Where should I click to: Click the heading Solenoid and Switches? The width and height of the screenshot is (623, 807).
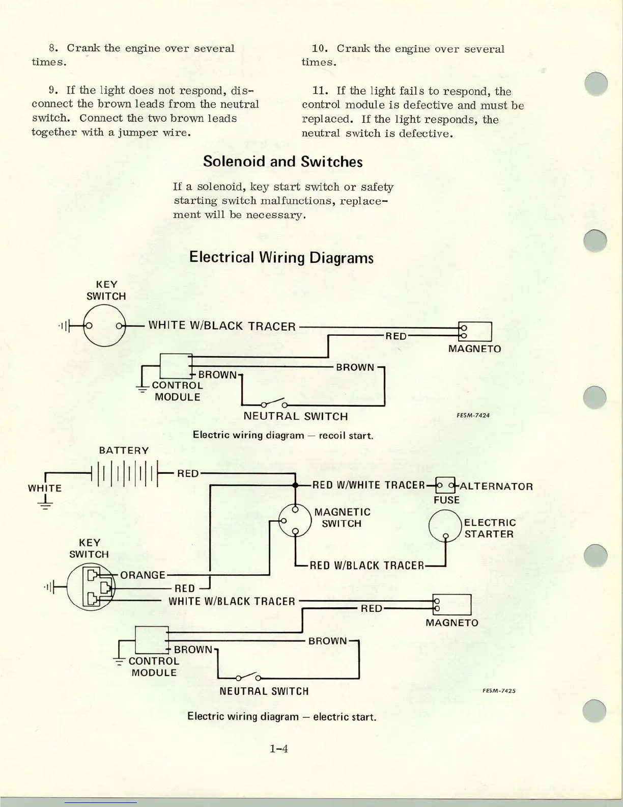(282, 162)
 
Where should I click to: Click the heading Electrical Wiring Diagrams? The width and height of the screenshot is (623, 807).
(281, 257)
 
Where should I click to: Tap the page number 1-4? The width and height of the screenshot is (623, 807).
(279, 748)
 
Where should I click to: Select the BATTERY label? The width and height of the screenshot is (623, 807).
(124, 450)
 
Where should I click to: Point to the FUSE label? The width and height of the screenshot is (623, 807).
(446, 500)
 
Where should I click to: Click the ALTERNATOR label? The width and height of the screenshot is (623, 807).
(496, 486)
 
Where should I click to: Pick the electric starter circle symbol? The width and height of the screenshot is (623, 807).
(445, 527)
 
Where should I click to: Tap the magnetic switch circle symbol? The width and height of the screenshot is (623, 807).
(295, 520)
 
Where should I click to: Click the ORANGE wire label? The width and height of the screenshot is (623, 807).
(143, 575)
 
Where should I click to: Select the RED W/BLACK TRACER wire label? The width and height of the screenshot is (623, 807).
(366, 566)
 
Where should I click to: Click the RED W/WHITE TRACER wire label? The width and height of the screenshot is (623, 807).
(368, 485)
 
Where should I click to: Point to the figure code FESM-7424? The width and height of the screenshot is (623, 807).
(473, 415)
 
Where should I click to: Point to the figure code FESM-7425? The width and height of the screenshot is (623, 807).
(499, 691)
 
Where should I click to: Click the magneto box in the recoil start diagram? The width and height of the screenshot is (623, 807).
(475, 332)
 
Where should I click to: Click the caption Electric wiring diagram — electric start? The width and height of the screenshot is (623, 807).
(282, 716)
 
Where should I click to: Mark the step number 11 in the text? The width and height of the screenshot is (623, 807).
(319, 91)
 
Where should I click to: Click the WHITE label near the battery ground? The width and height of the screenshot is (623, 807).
(44, 488)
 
